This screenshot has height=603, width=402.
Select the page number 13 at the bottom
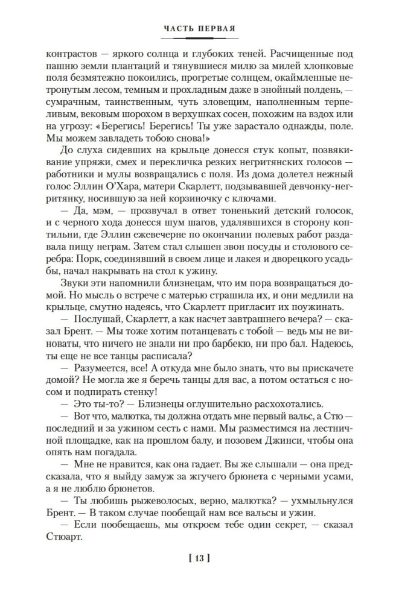(x=200, y=558)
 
